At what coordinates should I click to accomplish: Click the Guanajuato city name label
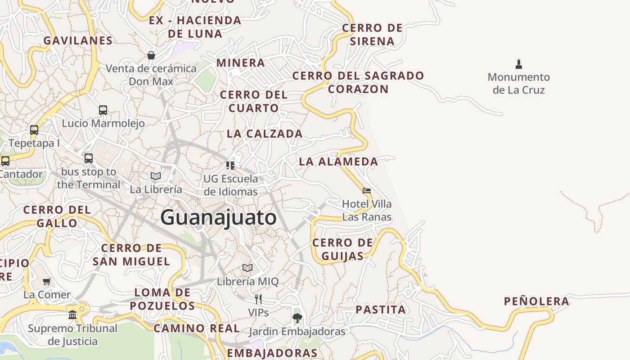pos(218,218)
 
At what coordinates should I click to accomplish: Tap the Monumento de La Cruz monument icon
pos(519,64)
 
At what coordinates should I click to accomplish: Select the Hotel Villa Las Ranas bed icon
pos(367,191)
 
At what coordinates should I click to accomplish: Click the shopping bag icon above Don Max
pos(151,55)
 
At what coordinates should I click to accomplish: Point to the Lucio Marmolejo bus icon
pos(103,110)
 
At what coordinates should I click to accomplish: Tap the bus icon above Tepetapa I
pos(34,130)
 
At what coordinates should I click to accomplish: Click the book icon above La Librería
pos(156,176)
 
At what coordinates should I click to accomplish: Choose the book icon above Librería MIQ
pos(247,268)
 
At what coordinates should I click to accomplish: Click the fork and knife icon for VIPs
pos(258,299)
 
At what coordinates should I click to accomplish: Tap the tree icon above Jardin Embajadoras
pos(297,318)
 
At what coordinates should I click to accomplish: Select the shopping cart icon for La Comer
pos(47,282)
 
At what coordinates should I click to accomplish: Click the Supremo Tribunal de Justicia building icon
pos(72,315)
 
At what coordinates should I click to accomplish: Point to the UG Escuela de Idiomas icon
pos(230,165)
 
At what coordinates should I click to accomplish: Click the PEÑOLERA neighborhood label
pos(536,301)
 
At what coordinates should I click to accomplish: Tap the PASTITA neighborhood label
pos(381,310)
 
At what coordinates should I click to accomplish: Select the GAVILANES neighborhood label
pos(78,40)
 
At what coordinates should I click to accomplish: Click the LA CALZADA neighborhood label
pos(265,134)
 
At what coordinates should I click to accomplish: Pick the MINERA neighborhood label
pos(241,63)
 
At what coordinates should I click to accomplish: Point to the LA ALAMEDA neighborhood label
pos(338,162)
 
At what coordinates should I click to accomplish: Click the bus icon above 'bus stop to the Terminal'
pos(89,158)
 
